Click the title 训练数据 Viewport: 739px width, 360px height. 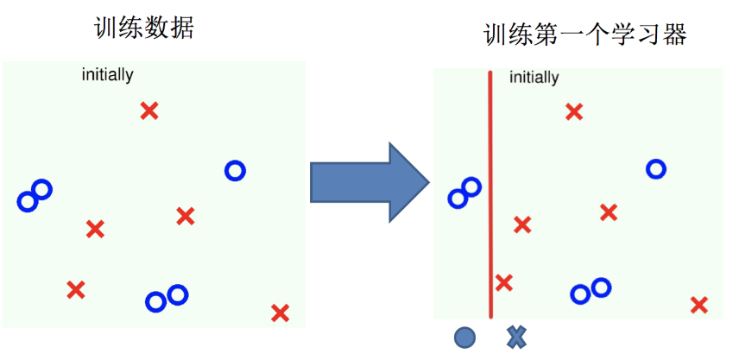143,28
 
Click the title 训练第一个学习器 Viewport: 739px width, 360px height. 584,35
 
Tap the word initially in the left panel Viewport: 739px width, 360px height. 107,75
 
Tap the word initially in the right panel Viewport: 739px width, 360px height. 534,78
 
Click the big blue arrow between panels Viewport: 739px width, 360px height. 369,182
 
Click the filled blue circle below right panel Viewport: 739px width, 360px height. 464,338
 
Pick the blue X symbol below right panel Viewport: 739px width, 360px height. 516,338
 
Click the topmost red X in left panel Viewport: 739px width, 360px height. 149,111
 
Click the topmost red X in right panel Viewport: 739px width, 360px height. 574,111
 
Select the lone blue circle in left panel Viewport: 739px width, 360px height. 235,171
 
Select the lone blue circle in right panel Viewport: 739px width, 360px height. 656,169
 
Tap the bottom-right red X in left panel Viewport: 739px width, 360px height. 280,313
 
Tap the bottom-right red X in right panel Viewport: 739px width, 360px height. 699,304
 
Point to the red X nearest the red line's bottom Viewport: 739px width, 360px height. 504,282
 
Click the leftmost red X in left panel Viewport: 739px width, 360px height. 76,289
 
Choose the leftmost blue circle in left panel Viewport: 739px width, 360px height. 27,202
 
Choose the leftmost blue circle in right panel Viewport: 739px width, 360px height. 457,199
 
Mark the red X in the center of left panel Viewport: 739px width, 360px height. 185,216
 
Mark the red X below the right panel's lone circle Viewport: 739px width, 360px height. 609,212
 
